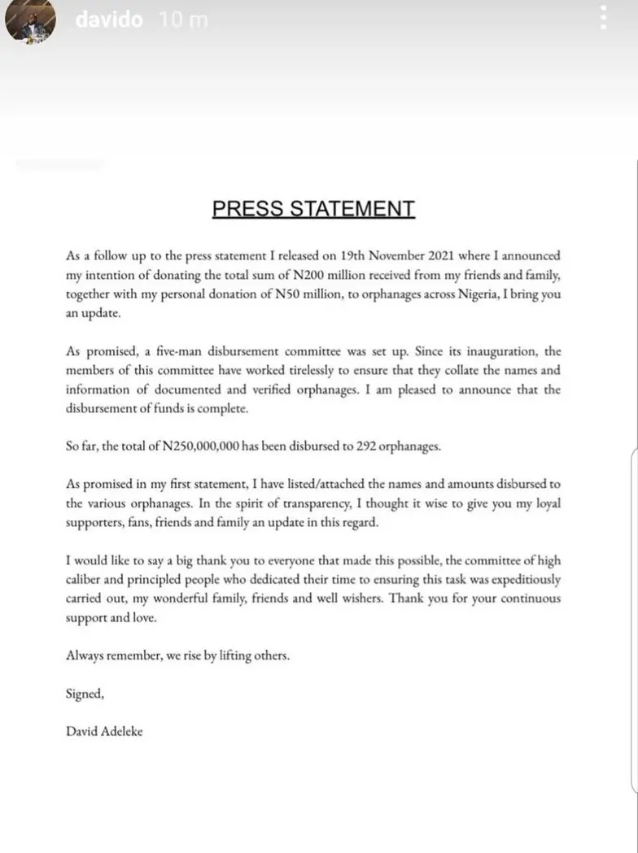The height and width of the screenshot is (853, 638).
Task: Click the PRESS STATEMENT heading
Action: coord(313,209)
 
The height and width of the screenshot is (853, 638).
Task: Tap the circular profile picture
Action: coord(30,21)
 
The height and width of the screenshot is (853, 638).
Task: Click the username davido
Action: coord(109,20)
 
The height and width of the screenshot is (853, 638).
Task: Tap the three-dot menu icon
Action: coord(603,17)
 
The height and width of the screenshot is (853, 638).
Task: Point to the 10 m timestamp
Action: coord(184,20)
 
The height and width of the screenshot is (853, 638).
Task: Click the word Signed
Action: coord(85,694)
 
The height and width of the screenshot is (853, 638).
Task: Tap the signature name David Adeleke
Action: coord(104,731)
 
